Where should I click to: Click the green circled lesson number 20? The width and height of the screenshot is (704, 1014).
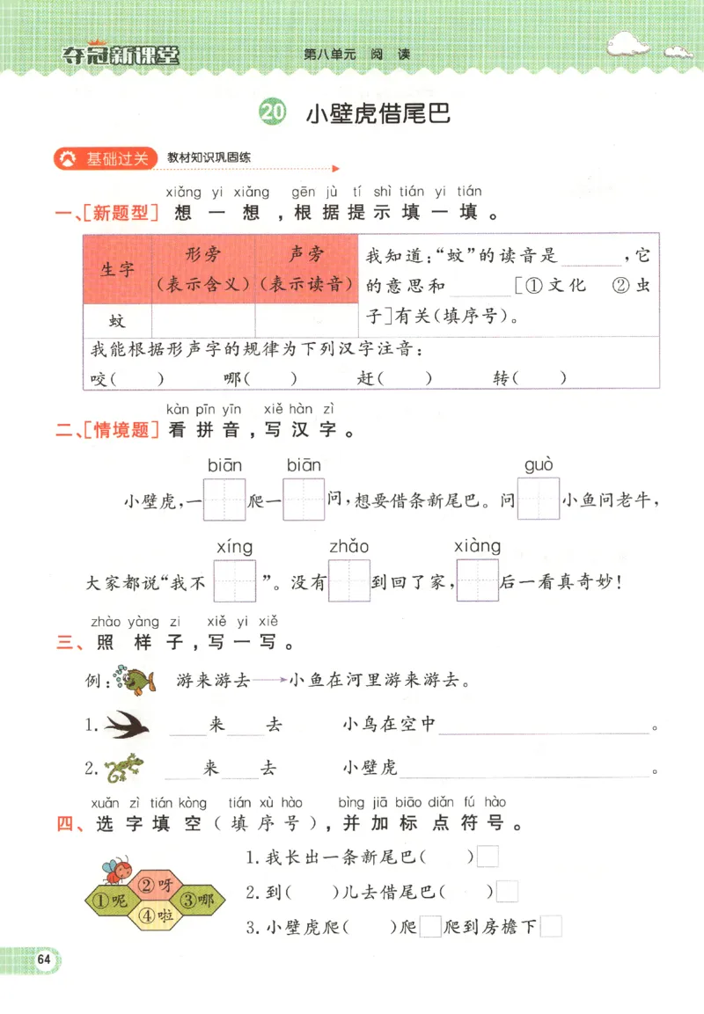[274, 113]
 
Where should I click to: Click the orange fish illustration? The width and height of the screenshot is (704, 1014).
[137, 681]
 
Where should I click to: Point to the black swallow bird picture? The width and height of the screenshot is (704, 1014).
[128, 725]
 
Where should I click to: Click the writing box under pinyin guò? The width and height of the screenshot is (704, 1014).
[539, 500]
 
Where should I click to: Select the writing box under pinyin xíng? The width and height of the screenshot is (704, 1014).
[234, 581]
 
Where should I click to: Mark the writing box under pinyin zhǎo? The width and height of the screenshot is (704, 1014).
[349, 581]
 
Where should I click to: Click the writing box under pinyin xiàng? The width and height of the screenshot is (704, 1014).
[477, 581]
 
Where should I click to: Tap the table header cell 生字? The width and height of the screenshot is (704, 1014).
[118, 269]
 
